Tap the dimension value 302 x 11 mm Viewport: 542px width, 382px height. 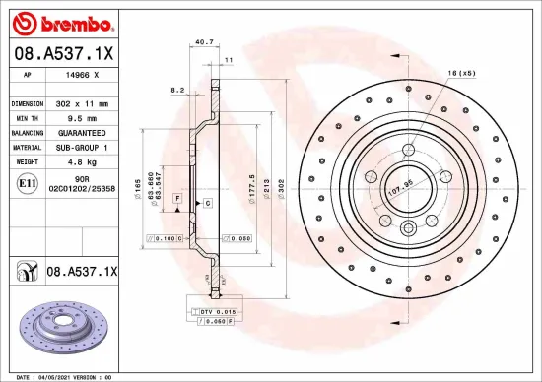81,103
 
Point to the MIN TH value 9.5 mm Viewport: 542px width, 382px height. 81,117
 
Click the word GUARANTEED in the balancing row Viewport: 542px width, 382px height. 81,131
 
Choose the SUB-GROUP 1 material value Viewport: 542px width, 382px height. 81,146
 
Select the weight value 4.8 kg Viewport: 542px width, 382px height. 81,159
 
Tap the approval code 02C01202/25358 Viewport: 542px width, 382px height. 81,187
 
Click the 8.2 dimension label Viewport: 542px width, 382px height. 178,90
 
